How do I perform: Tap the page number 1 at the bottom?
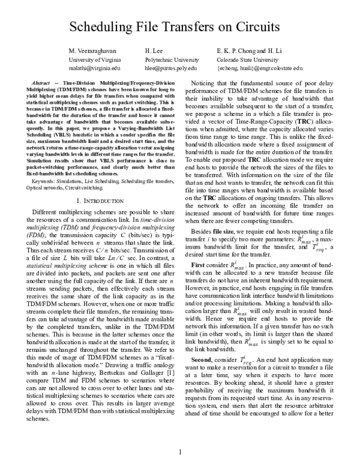pyautogui.click(x=180, y=452)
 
